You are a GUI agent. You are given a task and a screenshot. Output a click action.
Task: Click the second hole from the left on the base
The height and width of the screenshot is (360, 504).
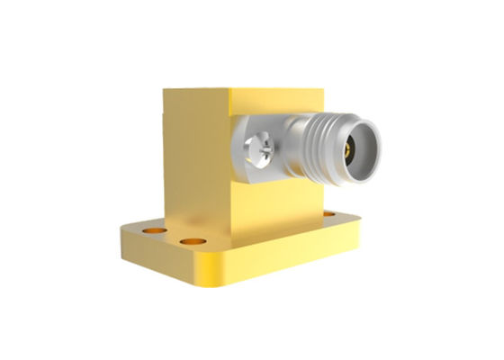click(x=190, y=242)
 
